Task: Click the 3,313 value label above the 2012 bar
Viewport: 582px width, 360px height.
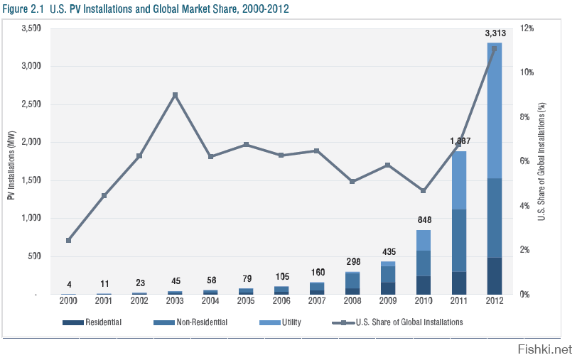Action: (x=495, y=33)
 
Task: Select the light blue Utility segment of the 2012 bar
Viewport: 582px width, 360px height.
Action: (x=495, y=110)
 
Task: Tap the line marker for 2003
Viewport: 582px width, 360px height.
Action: (x=175, y=94)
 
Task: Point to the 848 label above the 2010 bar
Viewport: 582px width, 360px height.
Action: (x=424, y=219)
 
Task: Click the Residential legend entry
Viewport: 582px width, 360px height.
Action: (x=92, y=322)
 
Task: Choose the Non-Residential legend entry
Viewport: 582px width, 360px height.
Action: (x=190, y=322)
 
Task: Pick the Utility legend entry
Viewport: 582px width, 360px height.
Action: (x=281, y=322)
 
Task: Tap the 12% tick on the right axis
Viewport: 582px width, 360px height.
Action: (x=527, y=28)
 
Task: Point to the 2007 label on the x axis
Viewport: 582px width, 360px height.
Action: (x=317, y=301)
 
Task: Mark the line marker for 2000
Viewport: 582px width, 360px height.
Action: (x=68, y=240)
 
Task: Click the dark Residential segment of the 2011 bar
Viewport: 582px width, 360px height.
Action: (x=459, y=283)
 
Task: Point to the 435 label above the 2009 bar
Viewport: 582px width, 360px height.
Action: (x=388, y=251)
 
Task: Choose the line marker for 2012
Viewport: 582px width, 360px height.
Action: (x=495, y=49)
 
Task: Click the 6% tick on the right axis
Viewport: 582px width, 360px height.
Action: (x=525, y=161)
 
